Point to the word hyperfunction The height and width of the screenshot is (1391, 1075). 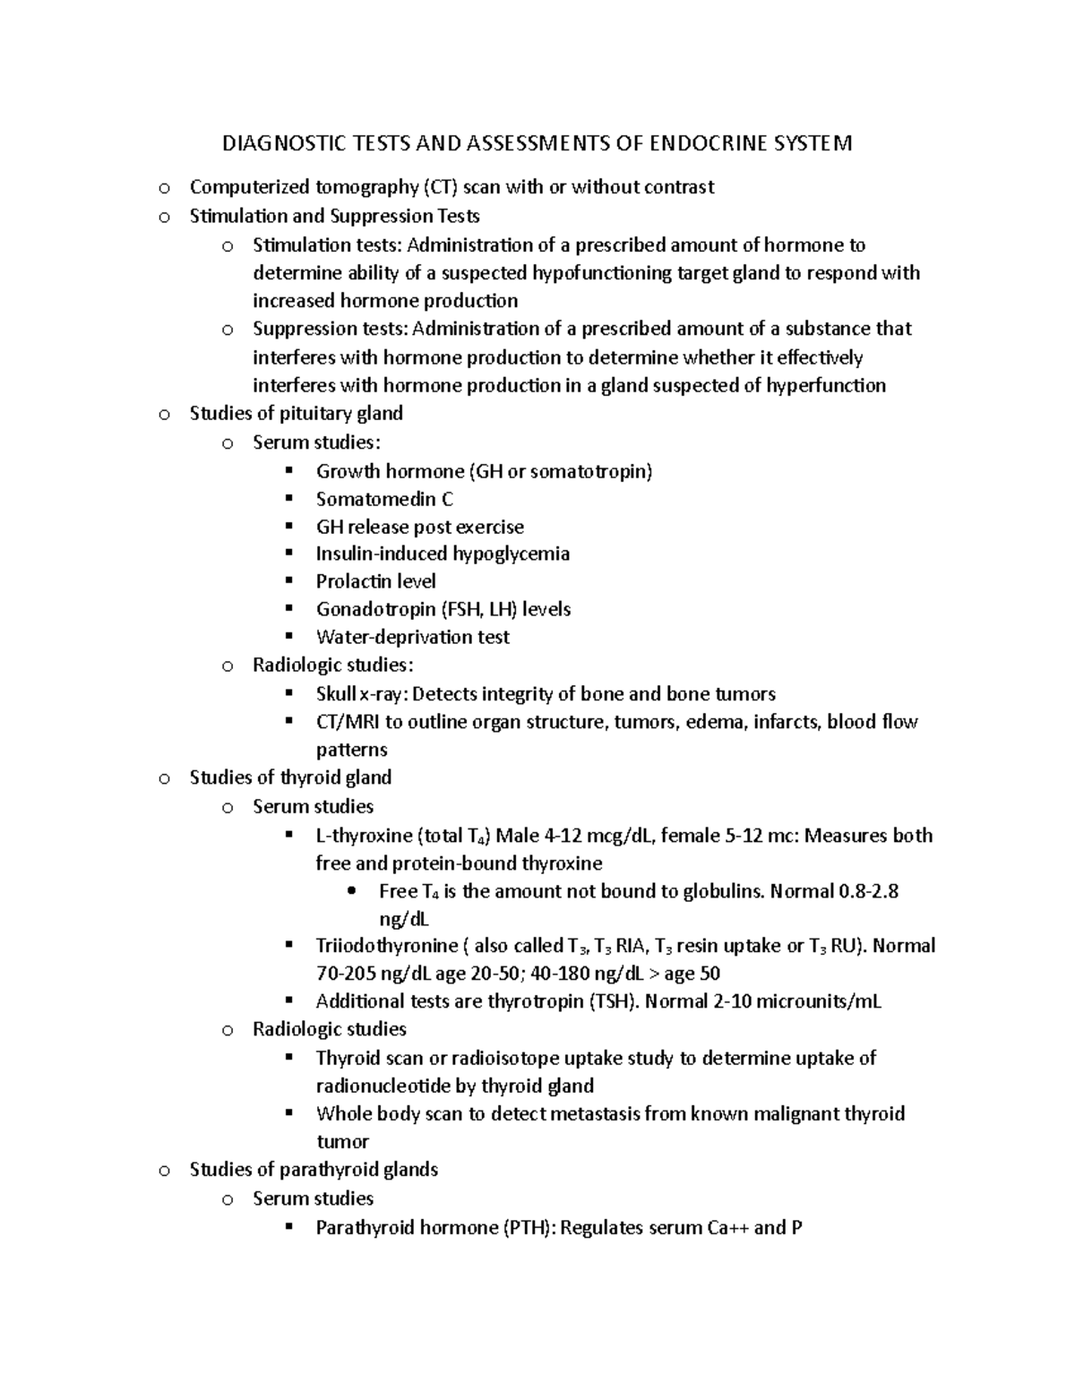pyautogui.click(x=827, y=386)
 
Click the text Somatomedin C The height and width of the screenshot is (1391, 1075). pyautogui.click(x=384, y=499)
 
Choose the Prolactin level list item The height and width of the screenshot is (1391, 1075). pyautogui.click(x=375, y=581)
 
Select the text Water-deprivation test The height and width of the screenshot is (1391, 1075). pyautogui.click(x=412, y=638)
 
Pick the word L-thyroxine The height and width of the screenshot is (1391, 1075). pyautogui.click(x=363, y=836)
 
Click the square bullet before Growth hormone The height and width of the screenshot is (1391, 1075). pyautogui.click(x=288, y=471)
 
